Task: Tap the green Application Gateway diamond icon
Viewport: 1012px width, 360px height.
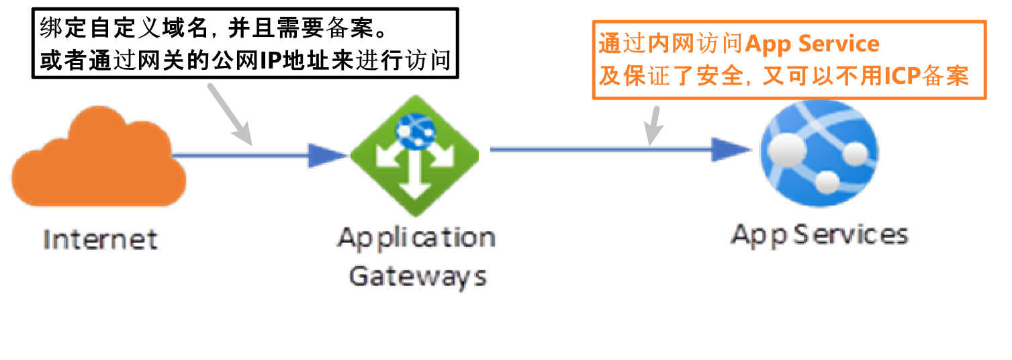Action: click(414, 159)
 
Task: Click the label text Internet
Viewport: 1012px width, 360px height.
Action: click(101, 239)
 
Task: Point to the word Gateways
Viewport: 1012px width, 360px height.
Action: click(417, 277)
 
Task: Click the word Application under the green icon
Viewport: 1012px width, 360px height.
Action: click(416, 238)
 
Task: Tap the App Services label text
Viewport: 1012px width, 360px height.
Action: click(819, 234)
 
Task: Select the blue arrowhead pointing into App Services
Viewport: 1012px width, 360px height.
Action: click(730, 149)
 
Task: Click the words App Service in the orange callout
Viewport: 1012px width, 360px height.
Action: click(812, 44)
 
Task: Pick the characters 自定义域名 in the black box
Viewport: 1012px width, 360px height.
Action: click(138, 29)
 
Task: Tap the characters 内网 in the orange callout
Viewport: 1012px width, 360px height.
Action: click(672, 44)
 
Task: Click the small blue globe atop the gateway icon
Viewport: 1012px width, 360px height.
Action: click(414, 130)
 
